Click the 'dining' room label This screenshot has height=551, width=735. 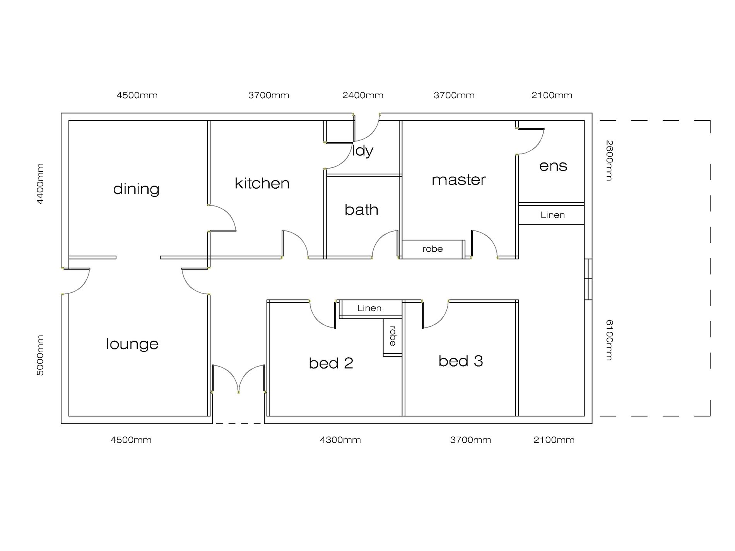136,189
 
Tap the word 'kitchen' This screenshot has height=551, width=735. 262,183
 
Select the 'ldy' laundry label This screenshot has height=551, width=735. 362,150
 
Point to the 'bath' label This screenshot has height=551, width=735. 361,210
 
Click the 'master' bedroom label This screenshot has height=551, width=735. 459,180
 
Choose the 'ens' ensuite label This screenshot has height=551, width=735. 553,166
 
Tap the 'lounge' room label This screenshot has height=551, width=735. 132,344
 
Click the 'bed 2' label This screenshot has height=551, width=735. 331,363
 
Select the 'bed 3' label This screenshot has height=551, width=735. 460,361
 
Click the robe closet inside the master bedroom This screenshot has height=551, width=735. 432,249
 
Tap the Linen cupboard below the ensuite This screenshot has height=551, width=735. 552,215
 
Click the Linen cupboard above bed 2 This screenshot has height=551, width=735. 369,308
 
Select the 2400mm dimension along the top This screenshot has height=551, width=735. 362,95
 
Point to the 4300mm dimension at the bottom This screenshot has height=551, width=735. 340,440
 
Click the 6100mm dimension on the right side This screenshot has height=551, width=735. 609,340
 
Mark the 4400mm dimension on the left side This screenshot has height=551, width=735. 40,184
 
